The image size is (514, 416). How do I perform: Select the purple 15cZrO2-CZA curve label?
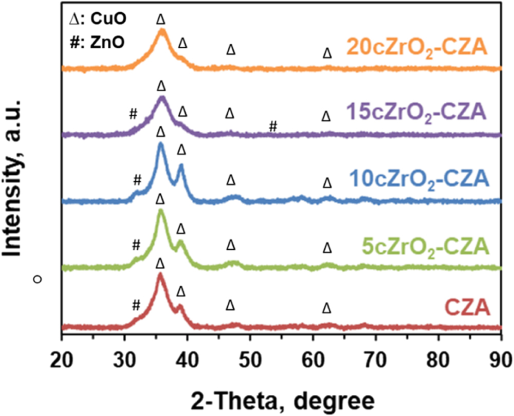pyautogui.click(x=416, y=112)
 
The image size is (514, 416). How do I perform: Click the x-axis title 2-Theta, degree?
pyautogui.click(x=281, y=399)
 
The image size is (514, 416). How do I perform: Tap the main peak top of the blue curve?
pyautogui.click(x=161, y=144)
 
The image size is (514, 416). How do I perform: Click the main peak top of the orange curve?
pyautogui.click(x=162, y=30)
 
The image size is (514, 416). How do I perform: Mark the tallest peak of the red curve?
pyautogui.click(x=160, y=275)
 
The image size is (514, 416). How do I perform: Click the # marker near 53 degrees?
pyautogui.click(x=273, y=126)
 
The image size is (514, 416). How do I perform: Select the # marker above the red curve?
pyautogui.click(x=136, y=305)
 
